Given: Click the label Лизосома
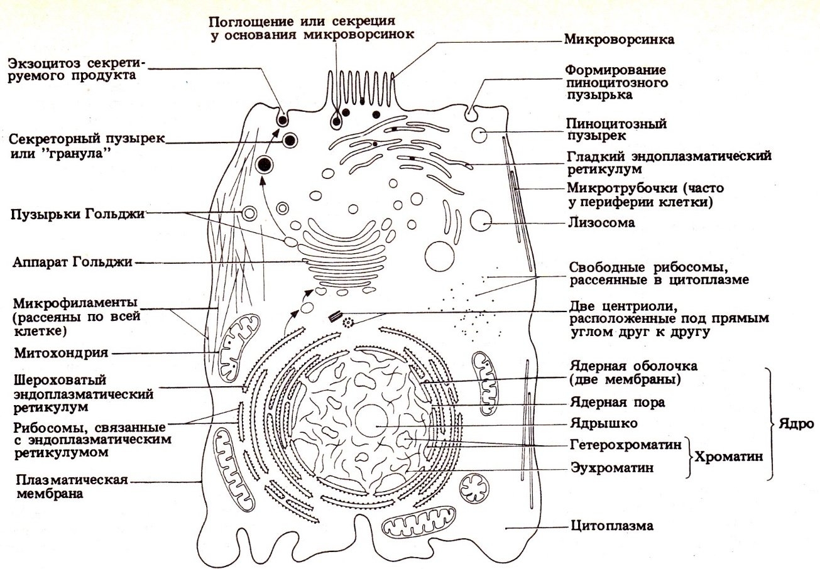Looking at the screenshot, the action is pos(601,222).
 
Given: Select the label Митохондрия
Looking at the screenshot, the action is pos(61,353).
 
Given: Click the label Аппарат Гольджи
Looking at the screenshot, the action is pos(72,263).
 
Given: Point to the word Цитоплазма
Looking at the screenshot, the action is pos(612,526).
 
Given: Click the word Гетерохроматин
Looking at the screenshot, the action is pos(626,445).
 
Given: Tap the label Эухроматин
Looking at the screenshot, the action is pos(612,468).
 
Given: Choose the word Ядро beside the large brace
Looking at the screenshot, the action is pos(796,424).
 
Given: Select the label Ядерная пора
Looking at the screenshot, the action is pos(618,403).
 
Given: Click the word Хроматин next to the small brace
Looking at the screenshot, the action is pos(729,457).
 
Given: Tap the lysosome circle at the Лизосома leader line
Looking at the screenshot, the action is pos(481,220).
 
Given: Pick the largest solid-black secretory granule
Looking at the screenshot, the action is pos(265,165).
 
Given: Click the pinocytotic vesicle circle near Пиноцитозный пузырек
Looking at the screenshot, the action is pos(479,135).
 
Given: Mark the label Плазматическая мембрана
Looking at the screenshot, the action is pos(72,487).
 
